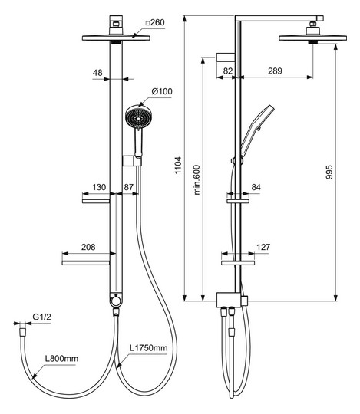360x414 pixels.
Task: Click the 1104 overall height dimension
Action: [x=178, y=165]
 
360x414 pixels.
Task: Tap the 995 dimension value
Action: [x=329, y=172]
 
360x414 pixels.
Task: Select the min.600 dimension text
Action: [x=197, y=180]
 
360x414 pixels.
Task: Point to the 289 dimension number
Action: [x=275, y=71]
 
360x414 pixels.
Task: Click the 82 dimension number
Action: [x=228, y=71]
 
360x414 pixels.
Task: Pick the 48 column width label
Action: [x=97, y=73]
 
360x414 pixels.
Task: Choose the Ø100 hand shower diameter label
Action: [x=162, y=91]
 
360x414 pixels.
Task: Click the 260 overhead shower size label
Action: [x=156, y=22]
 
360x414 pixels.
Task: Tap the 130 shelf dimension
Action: [x=99, y=187]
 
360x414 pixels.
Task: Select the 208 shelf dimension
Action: [x=88, y=247]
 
